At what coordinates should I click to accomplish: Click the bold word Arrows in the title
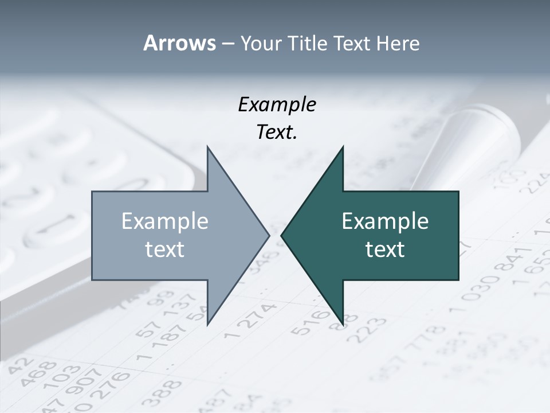point(179,43)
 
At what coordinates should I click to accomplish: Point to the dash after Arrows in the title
point(227,44)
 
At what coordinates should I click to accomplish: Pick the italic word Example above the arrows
point(277,105)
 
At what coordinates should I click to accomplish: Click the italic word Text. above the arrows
point(277,133)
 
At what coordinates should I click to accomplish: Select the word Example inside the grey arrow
point(165,221)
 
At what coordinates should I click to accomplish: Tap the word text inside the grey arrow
point(165,250)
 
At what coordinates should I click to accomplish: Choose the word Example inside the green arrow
point(385,221)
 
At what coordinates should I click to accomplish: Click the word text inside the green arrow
point(385,250)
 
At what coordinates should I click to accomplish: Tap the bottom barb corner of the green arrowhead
point(343,324)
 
